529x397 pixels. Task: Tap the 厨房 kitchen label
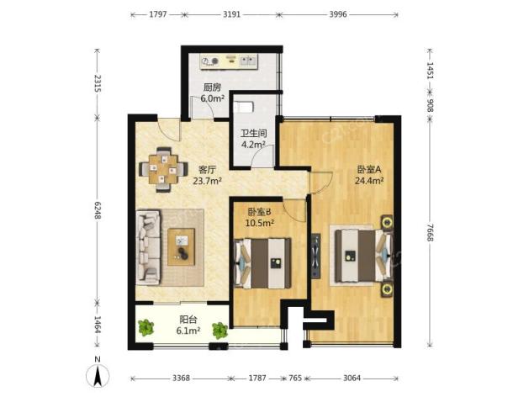(212, 87)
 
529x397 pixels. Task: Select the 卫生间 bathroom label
(254, 133)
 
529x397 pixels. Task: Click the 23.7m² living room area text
(207, 181)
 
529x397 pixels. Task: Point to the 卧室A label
(369, 169)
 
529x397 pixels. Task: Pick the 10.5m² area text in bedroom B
(259, 223)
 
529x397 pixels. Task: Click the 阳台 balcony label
(188, 319)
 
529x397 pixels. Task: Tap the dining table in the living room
(164, 170)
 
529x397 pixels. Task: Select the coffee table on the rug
(182, 247)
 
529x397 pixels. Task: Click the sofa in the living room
(148, 247)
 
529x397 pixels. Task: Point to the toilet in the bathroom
(244, 107)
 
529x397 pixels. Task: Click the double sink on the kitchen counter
(248, 61)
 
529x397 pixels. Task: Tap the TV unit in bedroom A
(316, 256)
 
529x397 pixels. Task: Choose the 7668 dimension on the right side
(430, 232)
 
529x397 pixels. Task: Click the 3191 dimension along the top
(232, 14)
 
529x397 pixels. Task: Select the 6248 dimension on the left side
(98, 210)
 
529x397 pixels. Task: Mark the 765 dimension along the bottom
(295, 378)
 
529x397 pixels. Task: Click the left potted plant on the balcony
(146, 327)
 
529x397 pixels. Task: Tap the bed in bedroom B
(262, 263)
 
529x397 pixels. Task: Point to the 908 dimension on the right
(430, 105)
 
